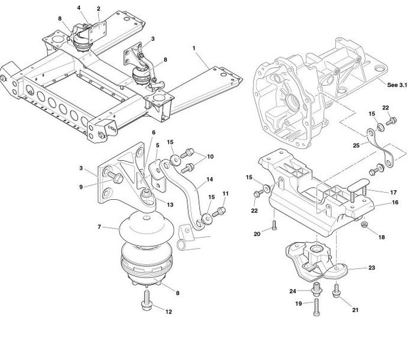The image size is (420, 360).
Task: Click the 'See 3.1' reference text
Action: [397, 85]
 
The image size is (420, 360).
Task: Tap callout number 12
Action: [169, 312]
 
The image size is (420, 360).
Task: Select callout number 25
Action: [356, 145]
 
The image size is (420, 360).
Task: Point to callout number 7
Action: [100, 227]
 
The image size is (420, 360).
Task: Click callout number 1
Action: [194, 48]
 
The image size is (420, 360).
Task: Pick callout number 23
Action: [371, 268]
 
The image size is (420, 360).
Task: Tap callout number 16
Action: [395, 202]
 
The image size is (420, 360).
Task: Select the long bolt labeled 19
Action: [316, 307]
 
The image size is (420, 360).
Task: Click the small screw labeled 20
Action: [274, 225]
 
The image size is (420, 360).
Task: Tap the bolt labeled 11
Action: [219, 212]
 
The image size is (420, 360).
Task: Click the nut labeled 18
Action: [363, 225]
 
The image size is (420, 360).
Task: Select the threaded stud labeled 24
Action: [317, 290]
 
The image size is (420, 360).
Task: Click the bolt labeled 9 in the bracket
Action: [116, 178]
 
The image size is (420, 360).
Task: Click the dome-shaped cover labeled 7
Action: [146, 227]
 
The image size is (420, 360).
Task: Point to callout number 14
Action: [209, 179]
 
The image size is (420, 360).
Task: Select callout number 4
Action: [79, 8]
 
